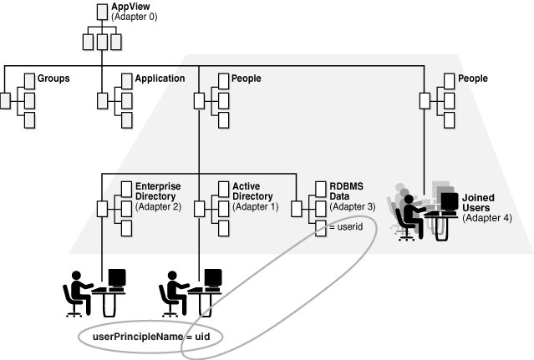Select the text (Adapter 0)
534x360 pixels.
(135, 17)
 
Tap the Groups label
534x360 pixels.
(53, 79)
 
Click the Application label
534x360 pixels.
(160, 79)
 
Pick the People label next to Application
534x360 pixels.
(247, 79)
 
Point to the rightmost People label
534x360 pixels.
(474, 79)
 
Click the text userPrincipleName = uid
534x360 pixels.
(155, 336)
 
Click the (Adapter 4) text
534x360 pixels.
(486, 218)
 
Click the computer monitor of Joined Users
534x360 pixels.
(449, 202)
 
